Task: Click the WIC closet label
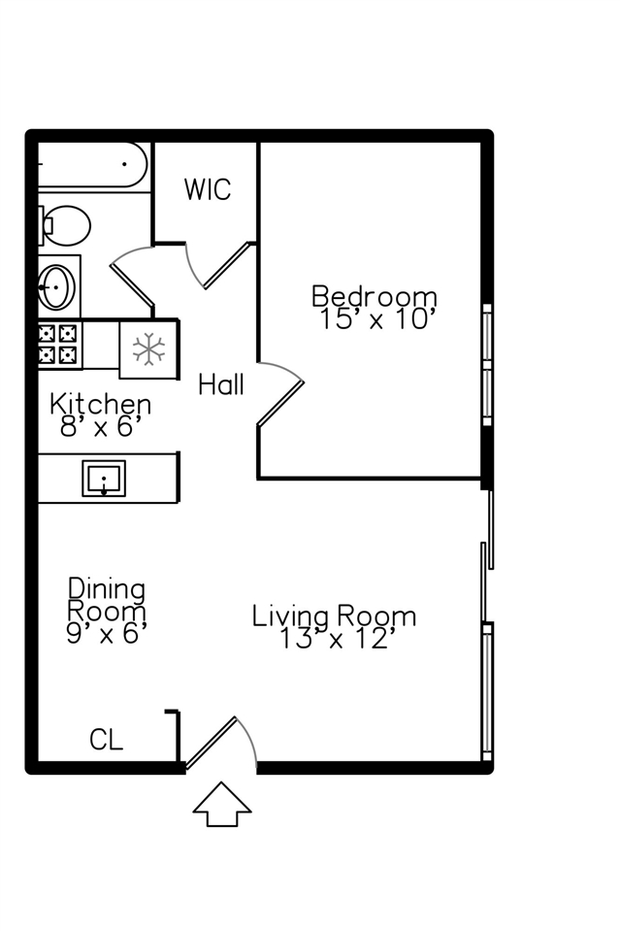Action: [x=208, y=189]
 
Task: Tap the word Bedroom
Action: [x=375, y=296]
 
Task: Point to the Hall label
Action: [x=221, y=384]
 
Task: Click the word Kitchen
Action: [x=100, y=405]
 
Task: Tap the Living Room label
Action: [x=334, y=616]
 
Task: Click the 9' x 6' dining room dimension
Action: [x=106, y=634]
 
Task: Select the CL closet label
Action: [x=106, y=741]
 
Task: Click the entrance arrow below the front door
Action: [x=222, y=804]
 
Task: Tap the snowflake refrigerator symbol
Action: [x=148, y=349]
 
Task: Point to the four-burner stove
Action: [x=58, y=344]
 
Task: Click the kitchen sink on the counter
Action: [x=104, y=478]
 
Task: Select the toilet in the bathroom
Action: [x=64, y=225]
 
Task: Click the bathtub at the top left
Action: [x=92, y=164]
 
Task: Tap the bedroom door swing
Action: [x=280, y=393]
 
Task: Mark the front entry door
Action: [x=220, y=743]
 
